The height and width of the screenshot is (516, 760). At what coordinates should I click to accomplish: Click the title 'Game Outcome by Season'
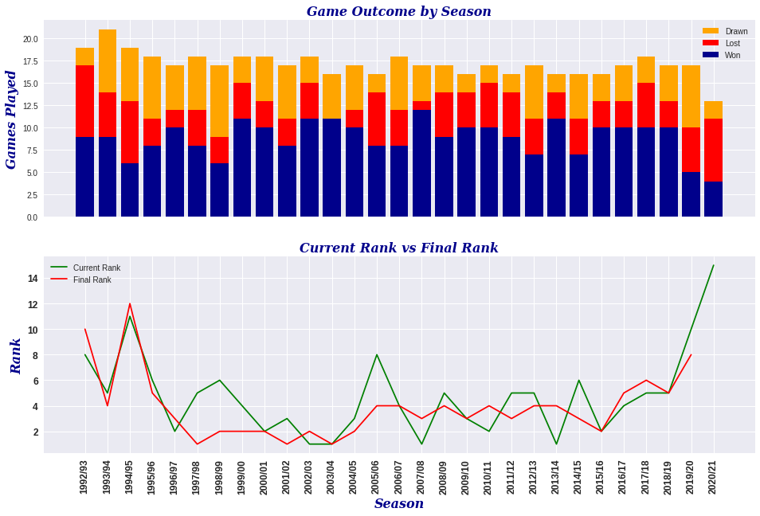[x=398, y=12]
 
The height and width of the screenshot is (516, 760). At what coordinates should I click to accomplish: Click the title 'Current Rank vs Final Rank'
[x=398, y=248]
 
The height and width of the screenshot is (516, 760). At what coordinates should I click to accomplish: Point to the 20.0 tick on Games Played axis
[x=30, y=39]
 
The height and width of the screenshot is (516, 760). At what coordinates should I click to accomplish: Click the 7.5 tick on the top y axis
[x=32, y=150]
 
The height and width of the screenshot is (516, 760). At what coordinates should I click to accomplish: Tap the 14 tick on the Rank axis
[x=33, y=279]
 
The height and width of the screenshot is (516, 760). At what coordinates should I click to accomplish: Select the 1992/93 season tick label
[x=84, y=475]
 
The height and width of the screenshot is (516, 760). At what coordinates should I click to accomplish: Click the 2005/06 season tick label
[x=377, y=475]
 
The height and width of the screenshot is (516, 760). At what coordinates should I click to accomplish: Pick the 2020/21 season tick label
[x=713, y=475]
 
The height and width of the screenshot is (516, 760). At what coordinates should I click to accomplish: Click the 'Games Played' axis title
[x=12, y=119]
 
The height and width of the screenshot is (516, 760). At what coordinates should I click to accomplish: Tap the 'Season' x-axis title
[x=398, y=504]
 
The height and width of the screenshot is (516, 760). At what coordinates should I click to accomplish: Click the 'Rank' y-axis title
[x=16, y=356]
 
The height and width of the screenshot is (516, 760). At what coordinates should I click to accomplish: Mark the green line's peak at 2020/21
[x=713, y=266]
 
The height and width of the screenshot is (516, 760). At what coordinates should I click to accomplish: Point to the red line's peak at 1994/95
[x=130, y=303]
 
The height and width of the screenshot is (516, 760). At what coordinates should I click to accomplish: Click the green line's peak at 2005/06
[x=377, y=355]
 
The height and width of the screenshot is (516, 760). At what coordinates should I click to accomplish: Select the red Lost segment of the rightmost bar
[x=713, y=150]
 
